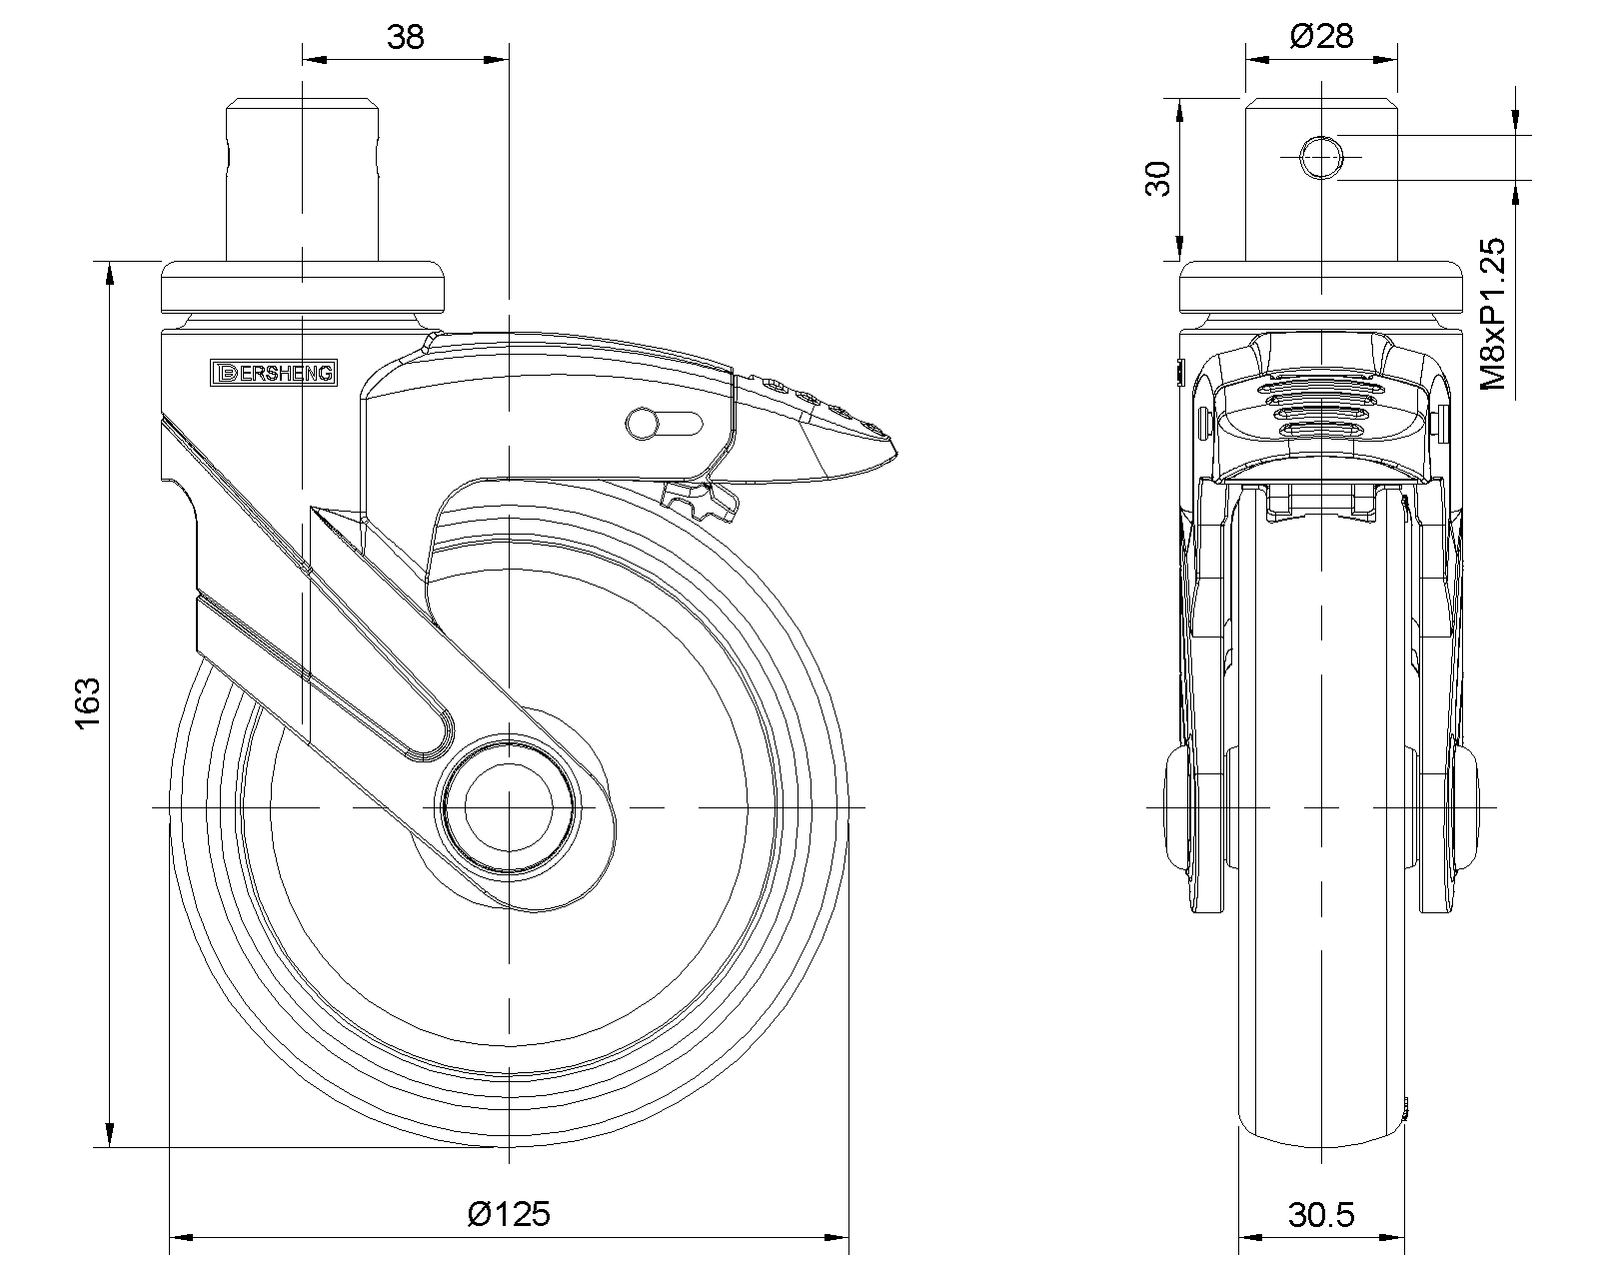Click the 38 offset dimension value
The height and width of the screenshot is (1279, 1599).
[x=406, y=37]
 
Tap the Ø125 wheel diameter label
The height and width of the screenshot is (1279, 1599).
[x=509, y=1213]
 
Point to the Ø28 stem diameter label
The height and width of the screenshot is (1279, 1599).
[x=1321, y=37]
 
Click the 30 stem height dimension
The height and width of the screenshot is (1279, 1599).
[x=1156, y=179]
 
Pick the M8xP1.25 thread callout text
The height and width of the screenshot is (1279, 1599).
[x=1493, y=313]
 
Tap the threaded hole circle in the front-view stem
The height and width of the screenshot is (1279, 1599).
[x=1321, y=157]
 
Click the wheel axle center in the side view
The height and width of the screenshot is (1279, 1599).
[x=509, y=805]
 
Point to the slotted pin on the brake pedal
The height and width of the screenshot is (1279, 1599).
[x=664, y=423]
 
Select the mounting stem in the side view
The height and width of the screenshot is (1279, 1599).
[x=303, y=180]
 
